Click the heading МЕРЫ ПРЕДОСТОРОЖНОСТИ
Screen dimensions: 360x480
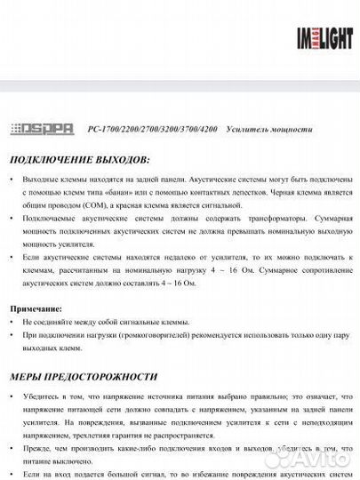[84, 377]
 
